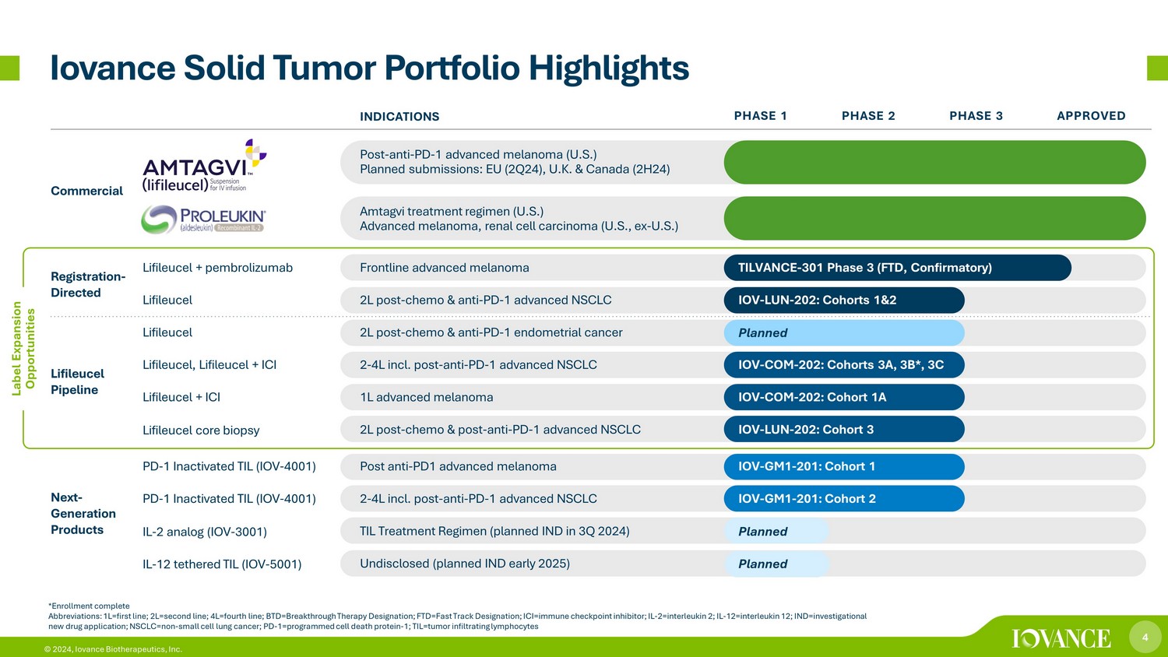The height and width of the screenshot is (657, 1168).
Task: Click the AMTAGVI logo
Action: (x=204, y=165)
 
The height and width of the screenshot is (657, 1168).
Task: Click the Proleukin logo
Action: (x=203, y=219)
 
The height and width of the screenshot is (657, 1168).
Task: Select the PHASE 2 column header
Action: (x=868, y=116)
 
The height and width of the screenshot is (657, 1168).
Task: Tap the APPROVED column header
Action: (x=1091, y=116)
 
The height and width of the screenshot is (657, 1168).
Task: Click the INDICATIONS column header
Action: (x=399, y=116)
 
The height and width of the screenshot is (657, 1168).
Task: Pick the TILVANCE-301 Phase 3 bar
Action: (x=897, y=268)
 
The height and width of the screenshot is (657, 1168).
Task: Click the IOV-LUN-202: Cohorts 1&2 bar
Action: (x=844, y=300)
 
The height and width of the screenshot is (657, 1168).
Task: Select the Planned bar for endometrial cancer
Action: (x=844, y=332)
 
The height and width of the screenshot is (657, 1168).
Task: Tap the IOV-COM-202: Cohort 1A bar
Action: (x=844, y=397)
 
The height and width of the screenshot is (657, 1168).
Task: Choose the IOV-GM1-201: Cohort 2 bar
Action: (x=844, y=498)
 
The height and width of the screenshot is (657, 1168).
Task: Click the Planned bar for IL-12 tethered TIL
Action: (x=776, y=564)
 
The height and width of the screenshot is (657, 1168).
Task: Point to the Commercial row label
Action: (x=86, y=191)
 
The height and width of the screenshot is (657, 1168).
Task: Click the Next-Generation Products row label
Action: (x=83, y=514)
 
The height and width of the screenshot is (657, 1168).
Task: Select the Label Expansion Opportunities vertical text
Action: (x=23, y=348)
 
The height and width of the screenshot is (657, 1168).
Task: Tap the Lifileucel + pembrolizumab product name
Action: (x=217, y=268)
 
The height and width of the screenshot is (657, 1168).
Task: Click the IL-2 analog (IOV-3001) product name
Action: (x=204, y=532)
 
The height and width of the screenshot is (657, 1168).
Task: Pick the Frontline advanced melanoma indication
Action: (x=445, y=268)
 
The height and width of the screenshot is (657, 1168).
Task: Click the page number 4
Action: (x=1145, y=638)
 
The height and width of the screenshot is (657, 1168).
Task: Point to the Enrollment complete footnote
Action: (x=89, y=606)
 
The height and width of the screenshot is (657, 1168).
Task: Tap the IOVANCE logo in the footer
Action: (x=1061, y=638)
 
